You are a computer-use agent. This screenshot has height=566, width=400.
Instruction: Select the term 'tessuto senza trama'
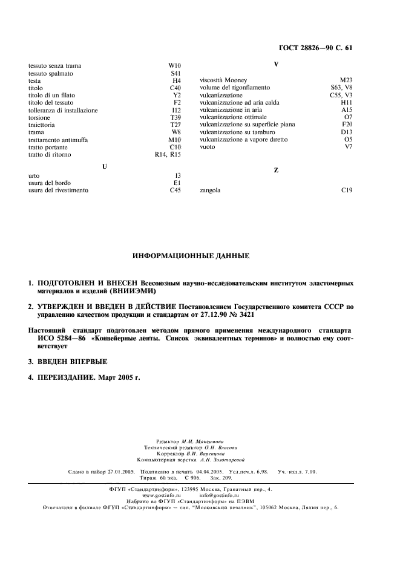coord(55,65)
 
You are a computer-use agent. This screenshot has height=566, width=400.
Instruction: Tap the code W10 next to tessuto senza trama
coord(174,65)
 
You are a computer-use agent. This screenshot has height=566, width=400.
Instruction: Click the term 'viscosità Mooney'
coord(223,80)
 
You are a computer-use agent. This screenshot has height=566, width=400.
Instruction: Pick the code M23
coord(346,80)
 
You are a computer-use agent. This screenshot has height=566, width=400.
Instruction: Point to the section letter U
coord(105,166)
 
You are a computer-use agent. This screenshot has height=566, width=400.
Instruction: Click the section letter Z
coord(276,171)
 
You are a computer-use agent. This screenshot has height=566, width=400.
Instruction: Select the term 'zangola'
coord(210,190)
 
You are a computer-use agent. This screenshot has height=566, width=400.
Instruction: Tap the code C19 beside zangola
coord(346,190)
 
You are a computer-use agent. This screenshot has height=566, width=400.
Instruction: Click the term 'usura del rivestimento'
coord(58,190)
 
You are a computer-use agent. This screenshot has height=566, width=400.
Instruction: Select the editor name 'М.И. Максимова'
coord(205,442)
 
